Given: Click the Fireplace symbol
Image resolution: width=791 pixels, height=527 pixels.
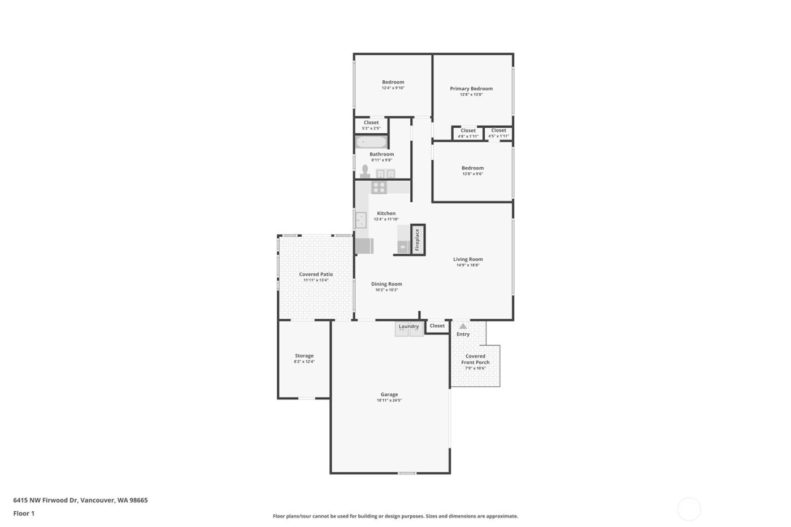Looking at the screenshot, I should tap(418, 239).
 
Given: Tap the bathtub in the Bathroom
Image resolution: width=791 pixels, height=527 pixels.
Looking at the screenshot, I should tap(371, 142).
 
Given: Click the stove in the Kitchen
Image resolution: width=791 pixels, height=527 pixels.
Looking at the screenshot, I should tap(379, 187).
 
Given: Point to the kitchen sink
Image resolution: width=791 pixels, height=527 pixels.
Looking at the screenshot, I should tap(360, 220).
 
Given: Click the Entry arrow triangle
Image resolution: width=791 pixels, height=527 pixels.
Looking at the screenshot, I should tap(463, 326).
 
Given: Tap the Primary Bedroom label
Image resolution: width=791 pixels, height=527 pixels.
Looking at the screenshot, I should tap(471, 89).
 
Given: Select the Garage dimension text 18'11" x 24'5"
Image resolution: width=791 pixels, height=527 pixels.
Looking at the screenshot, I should tap(389, 400).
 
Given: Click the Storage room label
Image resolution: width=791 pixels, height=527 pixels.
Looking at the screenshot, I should tap(304, 356).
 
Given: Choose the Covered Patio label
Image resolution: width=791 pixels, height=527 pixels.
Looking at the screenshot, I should tap(316, 274).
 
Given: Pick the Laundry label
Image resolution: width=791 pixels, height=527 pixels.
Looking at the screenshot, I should tap(408, 326).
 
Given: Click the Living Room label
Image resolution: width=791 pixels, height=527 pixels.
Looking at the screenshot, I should tap(468, 259).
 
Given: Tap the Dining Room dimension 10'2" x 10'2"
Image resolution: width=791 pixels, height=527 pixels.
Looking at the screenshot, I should tap(386, 290).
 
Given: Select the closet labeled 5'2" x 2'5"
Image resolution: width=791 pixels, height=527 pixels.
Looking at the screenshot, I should tap(371, 125).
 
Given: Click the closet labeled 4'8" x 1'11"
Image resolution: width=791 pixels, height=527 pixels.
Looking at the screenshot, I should tap(468, 133).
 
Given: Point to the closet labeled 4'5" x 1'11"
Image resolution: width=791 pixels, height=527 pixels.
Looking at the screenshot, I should tap(498, 133).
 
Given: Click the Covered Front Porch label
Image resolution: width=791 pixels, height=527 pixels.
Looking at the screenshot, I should tap(475, 359).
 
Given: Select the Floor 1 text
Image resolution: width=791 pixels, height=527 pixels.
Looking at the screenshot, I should tap(24, 513).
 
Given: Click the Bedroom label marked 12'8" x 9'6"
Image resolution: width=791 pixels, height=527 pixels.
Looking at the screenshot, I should tap(472, 168).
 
